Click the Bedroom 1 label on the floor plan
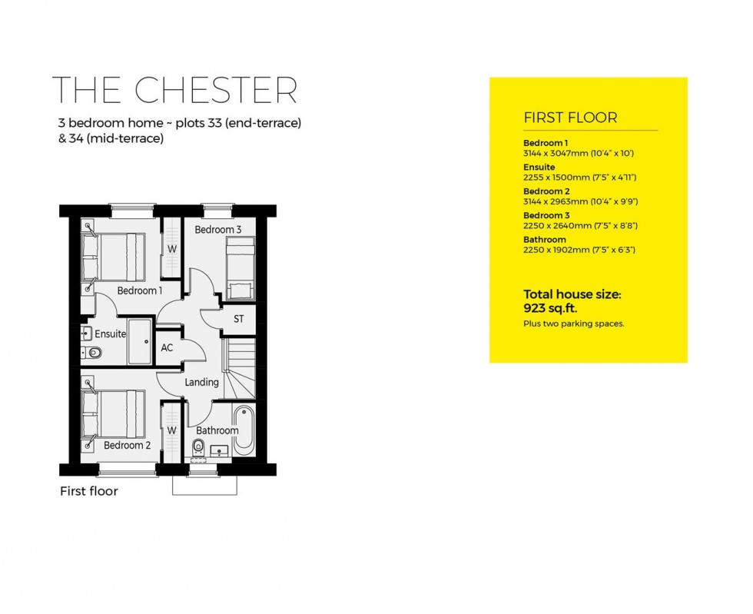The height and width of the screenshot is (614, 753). (139, 290)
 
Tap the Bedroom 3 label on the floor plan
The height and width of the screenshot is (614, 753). (217, 230)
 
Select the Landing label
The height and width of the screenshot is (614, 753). (202, 382)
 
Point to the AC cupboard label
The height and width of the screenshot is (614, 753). (167, 348)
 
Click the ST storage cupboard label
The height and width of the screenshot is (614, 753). (239, 319)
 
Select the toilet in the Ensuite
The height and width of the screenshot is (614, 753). (94, 353)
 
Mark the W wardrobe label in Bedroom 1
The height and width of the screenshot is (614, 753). (172, 249)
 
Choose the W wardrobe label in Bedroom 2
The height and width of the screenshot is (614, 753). (172, 430)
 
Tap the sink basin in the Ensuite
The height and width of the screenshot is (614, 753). (86, 334)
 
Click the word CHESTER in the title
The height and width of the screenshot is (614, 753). (215, 90)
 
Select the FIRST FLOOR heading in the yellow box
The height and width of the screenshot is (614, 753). (570, 118)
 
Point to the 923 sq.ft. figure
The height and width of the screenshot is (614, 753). (549, 308)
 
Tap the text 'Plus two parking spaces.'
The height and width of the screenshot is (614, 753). (573, 324)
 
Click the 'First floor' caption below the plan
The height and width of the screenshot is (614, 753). (89, 491)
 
